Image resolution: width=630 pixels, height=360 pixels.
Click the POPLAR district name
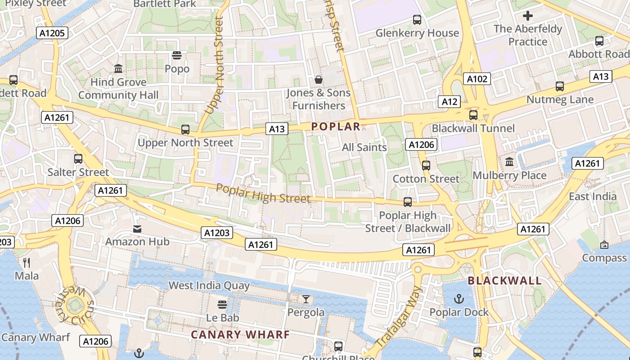[x=336, y=127]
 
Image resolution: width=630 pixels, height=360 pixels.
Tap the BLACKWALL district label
[x=504, y=281]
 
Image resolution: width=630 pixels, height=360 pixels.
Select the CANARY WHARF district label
[x=240, y=335]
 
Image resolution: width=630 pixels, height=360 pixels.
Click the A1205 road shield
[x=52, y=33]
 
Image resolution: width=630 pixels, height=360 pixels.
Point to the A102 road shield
[x=477, y=79]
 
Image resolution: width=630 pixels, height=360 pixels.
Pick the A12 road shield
[x=450, y=102]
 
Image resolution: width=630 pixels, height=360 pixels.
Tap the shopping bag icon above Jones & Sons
[x=319, y=80]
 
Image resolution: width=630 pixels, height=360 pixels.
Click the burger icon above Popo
[x=177, y=56]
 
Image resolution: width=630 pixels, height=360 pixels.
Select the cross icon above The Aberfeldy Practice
[x=528, y=16]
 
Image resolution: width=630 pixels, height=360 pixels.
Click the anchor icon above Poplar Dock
[x=459, y=299]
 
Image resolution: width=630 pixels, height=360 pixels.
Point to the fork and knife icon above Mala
[x=27, y=262]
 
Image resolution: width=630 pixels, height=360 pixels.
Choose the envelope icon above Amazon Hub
[x=137, y=229]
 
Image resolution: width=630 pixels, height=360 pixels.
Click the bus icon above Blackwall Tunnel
[x=473, y=115]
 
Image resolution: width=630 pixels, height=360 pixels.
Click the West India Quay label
[x=209, y=285]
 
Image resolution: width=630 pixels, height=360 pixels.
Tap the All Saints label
[x=364, y=147]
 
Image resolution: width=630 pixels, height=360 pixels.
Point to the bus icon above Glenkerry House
[x=417, y=20]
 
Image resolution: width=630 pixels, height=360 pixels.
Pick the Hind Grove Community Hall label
[x=118, y=89]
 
